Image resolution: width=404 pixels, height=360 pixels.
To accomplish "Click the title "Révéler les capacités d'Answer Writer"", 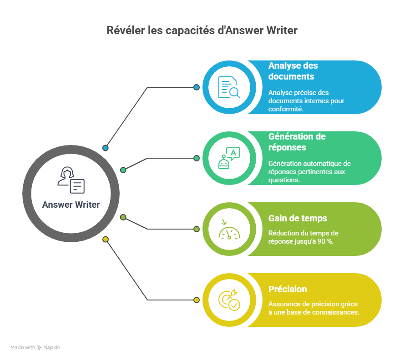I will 202,30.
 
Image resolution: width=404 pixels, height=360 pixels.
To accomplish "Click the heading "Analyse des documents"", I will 293,71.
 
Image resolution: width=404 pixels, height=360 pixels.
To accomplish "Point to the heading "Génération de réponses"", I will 297,142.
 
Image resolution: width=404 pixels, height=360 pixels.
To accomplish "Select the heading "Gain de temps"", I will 298,219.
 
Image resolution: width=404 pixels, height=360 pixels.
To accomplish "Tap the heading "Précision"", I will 288,289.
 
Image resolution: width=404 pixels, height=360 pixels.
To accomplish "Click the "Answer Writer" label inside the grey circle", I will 71,205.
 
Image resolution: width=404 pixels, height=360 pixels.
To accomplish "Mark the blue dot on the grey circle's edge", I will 106,148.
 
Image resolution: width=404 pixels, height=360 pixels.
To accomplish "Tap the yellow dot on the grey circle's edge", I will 106,239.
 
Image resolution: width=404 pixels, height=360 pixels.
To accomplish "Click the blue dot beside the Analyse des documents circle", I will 197,87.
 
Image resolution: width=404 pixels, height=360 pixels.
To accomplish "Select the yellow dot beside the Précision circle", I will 197,300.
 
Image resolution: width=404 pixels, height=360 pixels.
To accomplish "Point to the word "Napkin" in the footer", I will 52,347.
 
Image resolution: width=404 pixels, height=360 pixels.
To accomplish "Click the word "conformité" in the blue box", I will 286,109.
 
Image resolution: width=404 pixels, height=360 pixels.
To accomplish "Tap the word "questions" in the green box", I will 284,180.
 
